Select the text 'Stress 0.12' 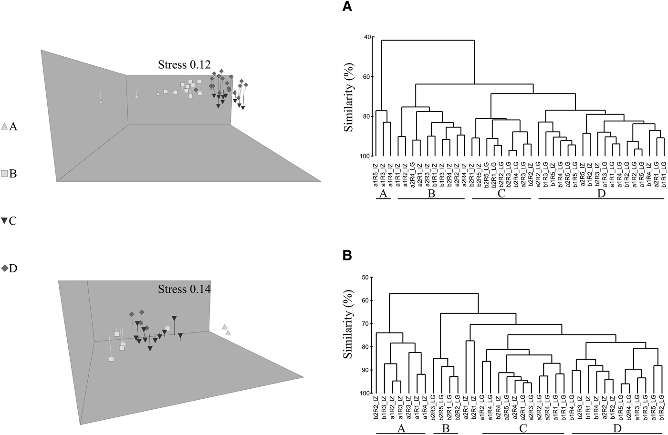click(x=184, y=65)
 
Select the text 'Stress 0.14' click(x=184, y=289)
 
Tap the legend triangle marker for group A click(x=4, y=127)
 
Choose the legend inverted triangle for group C click(x=4, y=221)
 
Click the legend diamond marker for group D click(x=4, y=269)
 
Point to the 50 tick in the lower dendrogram click(x=367, y=277)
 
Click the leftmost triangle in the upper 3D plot click(x=100, y=102)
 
